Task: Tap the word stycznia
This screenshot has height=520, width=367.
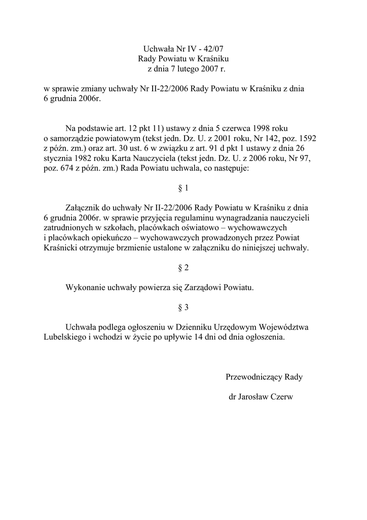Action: (59, 159)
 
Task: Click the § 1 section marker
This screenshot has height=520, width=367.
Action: (183, 188)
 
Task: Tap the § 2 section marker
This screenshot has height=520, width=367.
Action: (183, 268)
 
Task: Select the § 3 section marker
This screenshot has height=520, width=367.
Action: (183, 307)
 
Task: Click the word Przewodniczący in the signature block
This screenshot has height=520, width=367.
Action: (254, 377)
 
